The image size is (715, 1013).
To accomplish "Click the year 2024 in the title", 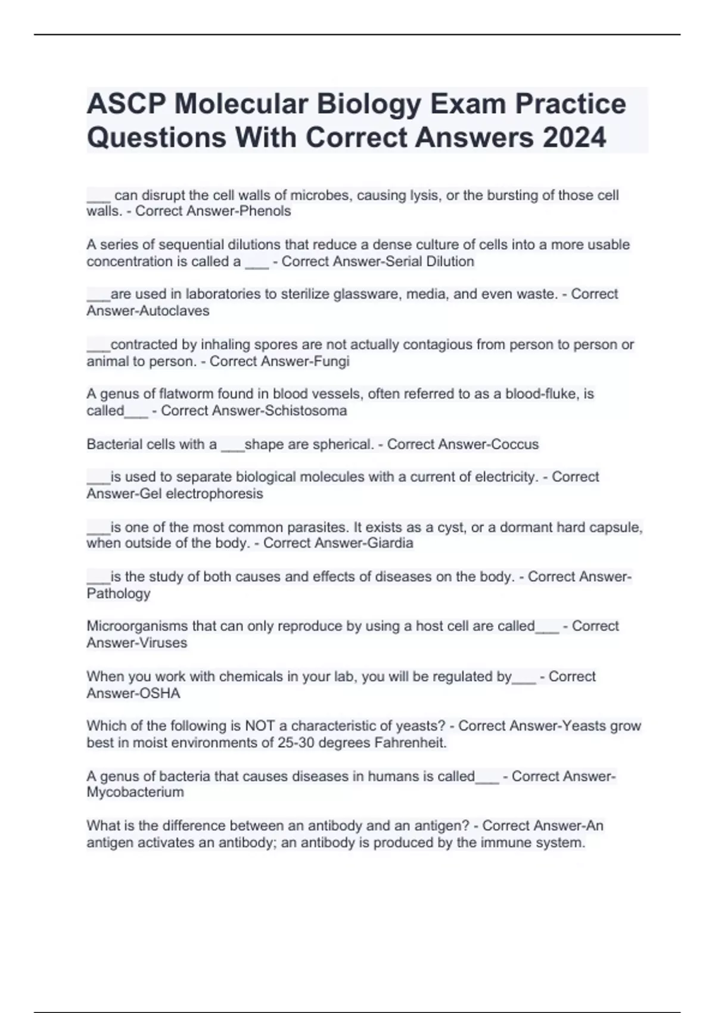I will [x=574, y=138].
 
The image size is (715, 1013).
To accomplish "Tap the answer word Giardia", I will [x=388, y=543].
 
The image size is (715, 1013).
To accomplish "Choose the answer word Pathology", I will [x=119, y=593].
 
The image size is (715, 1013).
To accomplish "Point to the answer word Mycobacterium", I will [x=135, y=793].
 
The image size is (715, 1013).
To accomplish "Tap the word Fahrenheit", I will [x=411, y=743].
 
